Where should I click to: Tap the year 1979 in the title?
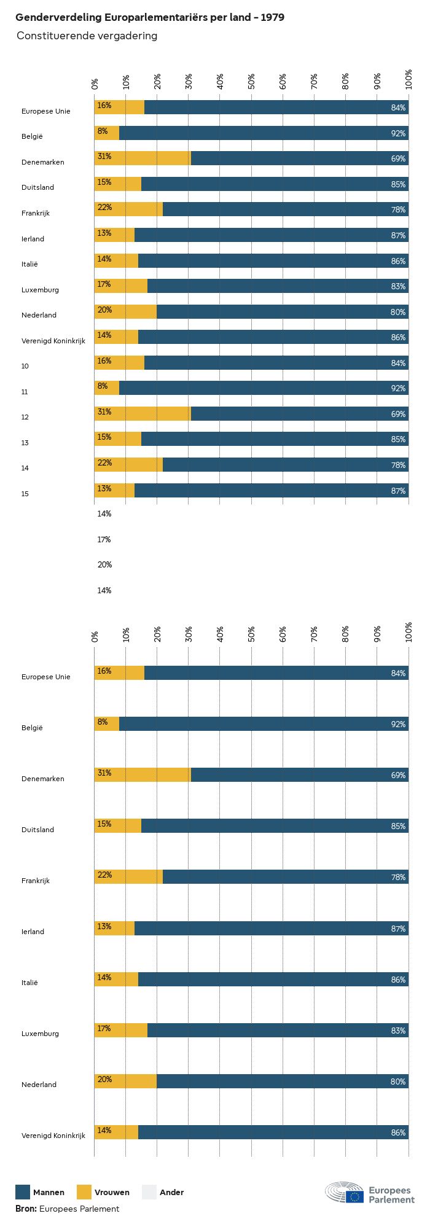click(272, 18)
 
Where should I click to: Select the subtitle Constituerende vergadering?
click(87, 36)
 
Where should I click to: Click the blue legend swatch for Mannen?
click(23, 1192)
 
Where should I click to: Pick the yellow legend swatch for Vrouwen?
click(84, 1192)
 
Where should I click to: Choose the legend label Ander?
click(171, 1192)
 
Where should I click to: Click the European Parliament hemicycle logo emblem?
click(345, 1192)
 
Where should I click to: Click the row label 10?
click(25, 366)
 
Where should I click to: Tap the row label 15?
click(25, 494)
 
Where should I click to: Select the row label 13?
click(25, 443)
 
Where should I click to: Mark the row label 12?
click(25, 417)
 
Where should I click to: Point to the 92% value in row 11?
click(398, 388)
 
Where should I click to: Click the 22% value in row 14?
click(104, 463)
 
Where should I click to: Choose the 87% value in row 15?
click(398, 491)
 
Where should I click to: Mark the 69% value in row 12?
click(398, 414)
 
